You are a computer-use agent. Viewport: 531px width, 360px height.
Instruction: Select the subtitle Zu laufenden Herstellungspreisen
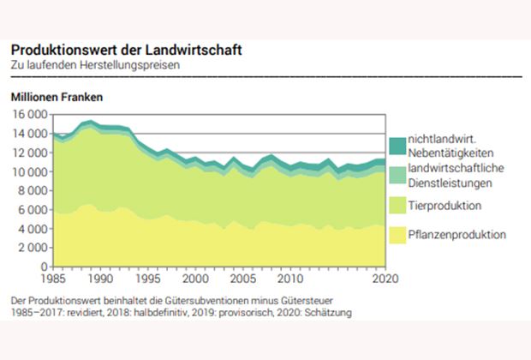point(95,65)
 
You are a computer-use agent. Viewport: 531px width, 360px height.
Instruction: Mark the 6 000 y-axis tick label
point(32,209)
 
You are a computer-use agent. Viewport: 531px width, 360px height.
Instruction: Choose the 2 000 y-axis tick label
point(32,247)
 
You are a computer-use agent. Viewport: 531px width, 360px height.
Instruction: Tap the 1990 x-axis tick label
point(101,279)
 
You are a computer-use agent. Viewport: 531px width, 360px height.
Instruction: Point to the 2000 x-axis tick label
point(196,279)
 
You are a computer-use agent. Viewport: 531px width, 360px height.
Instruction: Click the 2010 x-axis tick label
point(291,279)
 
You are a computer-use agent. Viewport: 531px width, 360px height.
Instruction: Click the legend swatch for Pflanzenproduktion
point(397,234)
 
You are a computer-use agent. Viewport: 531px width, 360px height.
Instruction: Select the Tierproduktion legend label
point(444,206)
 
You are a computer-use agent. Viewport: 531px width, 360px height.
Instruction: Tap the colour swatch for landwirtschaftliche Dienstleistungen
point(397,175)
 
